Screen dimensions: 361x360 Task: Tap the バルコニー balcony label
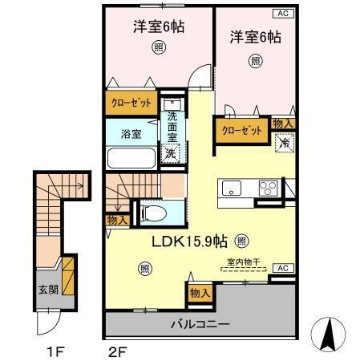point(200,324)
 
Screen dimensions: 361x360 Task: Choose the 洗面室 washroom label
point(172,127)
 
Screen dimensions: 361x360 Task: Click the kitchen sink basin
point(231,190)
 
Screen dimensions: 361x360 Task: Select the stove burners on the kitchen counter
point(267,189)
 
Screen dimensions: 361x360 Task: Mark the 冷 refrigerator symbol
point(284,143)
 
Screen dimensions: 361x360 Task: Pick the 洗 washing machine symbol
point(170,153)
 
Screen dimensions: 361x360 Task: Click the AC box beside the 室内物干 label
point(281,268)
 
